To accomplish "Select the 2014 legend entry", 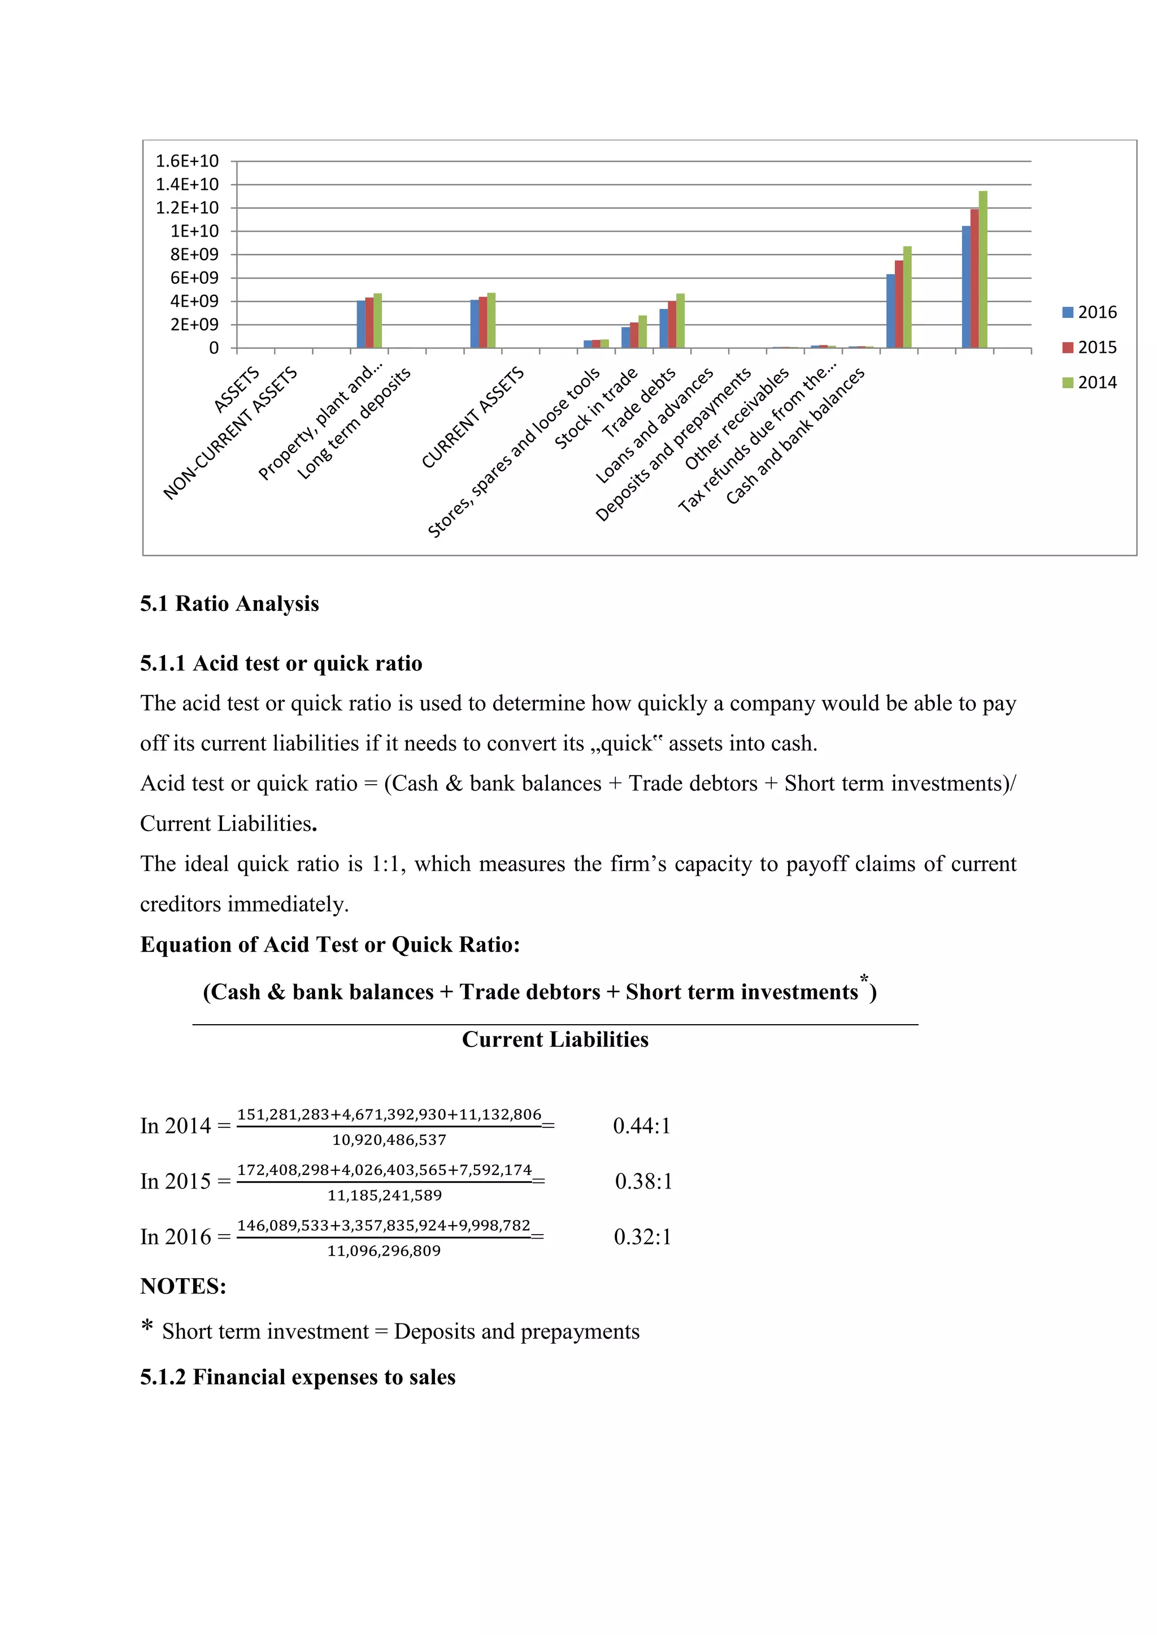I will point(1089,382).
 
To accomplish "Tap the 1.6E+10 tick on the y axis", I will point(188,161).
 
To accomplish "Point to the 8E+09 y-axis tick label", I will point(194,254).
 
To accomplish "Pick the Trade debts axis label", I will point(640,403).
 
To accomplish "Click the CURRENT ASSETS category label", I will point(473,417).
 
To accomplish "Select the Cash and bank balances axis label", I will point(795,436).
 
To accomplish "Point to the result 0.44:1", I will point(641,1126).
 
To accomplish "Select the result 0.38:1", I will point(643,1182).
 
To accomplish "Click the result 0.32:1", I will point(642,1237).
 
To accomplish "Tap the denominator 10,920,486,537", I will point(389,1140).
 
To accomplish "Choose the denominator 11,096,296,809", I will point(384,1251).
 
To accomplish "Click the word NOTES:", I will point(183,1286).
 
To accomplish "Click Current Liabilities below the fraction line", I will point(555,1040).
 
